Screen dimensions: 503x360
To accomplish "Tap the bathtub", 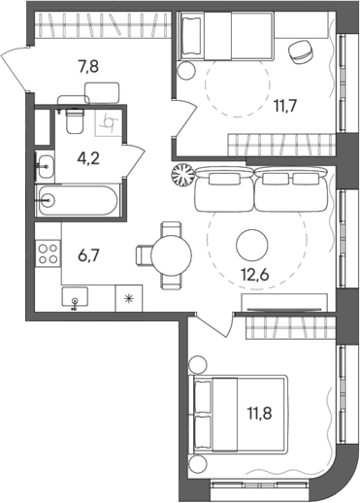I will coord(77,202).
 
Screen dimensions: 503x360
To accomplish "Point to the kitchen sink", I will coord(76,297).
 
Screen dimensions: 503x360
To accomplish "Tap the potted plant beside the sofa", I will coord(181,176).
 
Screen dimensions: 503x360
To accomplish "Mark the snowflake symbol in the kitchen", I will coord(129,298).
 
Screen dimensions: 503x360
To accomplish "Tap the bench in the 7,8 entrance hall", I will coord(99,92).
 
